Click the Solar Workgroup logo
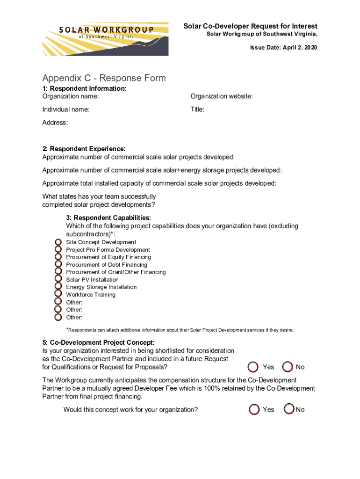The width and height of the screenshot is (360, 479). pyautogui.click(x=105, y=38)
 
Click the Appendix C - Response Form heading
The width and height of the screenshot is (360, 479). pyautogui.click(x=104, y=78)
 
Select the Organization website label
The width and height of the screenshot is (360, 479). pyautogui.click(x=221, y=96)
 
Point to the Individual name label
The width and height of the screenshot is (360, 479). pyautogui.click(x=66, y=109)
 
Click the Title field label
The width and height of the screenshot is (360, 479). pyautogui.click(x=197, y=109)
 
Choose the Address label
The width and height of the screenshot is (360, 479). pyautogui.click(x=55, y=123)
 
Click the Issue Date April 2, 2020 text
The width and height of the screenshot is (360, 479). pyautogui.click(x=283, y=48)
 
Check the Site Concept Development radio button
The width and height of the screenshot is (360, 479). pyautogui.click(x=58, y=242)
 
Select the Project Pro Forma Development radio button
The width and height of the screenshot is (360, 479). pyautogui.click(x=58, y=250)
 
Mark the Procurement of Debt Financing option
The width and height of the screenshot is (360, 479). pyautogui.click(x=58, y=265)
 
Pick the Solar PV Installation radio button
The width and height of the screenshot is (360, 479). pyautogui.click(x=58, y=280)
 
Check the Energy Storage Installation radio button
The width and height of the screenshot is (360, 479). pyautogui.click(x=58, y=287)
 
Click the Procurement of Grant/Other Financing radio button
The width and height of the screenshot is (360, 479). pyautogui.click(x=58, y=272)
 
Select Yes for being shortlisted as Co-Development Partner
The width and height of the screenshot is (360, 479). pyautogui.click(x=254, y=367)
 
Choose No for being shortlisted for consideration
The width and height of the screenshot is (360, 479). pyautogui.click(x=288, y=367)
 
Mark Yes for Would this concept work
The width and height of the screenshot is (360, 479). pyautogui.click(x=254, y=409)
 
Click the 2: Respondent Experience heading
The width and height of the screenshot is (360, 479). pyautogui.click(x=84, y=149)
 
